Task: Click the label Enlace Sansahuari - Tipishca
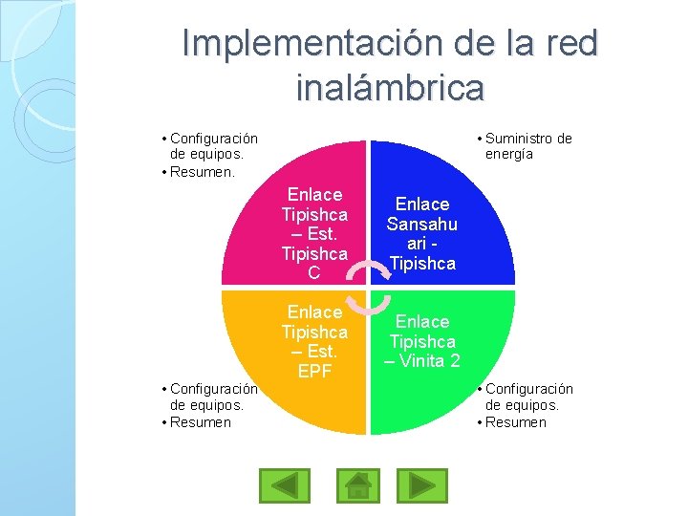[421, 234]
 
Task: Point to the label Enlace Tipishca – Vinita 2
[421, 341]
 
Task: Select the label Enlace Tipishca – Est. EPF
[314, 341]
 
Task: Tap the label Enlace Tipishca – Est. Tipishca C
[314, 234]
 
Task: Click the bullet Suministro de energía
[527, 146]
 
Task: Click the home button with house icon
[357, 485]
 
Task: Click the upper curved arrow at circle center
[355, 273]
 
